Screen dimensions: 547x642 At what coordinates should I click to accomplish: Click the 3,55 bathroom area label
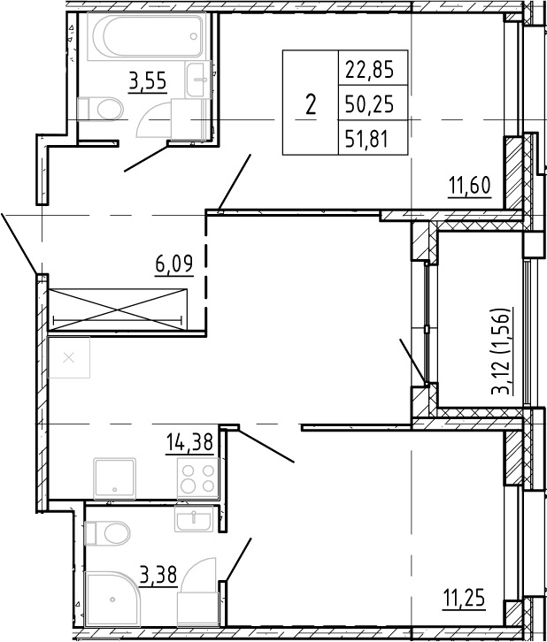(148, 81)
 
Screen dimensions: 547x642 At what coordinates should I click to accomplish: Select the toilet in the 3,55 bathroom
(100, 109)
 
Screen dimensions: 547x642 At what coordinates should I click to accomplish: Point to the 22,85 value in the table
(370, 69)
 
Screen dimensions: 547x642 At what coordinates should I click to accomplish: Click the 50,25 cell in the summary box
(370, 104)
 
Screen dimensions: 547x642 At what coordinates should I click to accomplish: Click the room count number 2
(311, 105)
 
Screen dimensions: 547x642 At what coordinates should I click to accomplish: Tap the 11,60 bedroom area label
(470, 187)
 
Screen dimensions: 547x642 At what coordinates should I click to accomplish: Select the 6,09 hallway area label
(174, 264)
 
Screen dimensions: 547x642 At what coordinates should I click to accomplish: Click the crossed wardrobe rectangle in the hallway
(118, 310)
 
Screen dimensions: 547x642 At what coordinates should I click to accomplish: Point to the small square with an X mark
(69, 357)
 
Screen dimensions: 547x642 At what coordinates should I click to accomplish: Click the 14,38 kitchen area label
(189, 442)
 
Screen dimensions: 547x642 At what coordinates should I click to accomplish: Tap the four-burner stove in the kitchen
(198, 478)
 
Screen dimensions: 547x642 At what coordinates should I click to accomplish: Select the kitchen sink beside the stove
(115, 478)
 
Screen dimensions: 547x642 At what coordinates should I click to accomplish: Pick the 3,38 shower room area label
(158, 575)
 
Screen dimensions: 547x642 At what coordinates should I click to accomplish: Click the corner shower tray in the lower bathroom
(112, 605)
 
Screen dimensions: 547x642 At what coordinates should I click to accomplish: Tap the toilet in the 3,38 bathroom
(107, 533)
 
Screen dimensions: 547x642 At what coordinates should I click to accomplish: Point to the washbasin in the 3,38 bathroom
(194, 518)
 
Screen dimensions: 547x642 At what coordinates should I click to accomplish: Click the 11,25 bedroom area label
(465, 599)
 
